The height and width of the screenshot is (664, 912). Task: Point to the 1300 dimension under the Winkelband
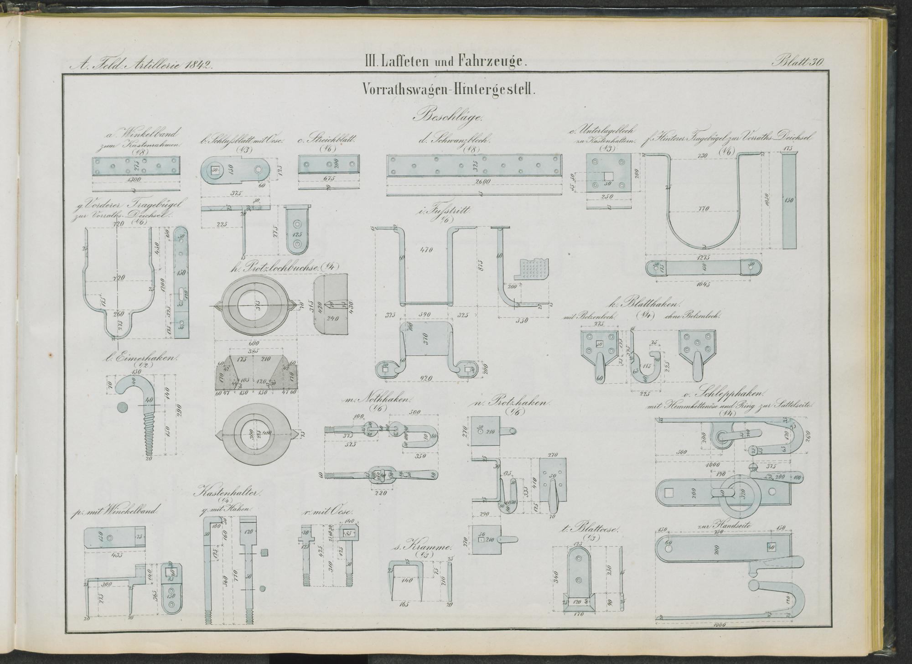(x=135, y=180)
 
